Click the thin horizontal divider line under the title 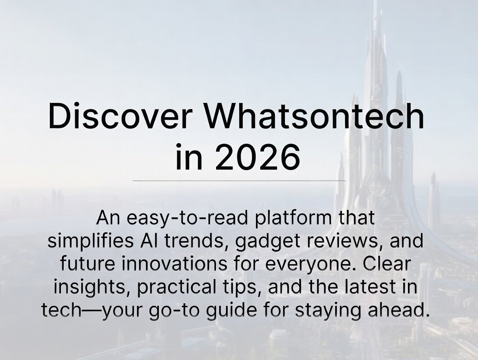tap(239, 180)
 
